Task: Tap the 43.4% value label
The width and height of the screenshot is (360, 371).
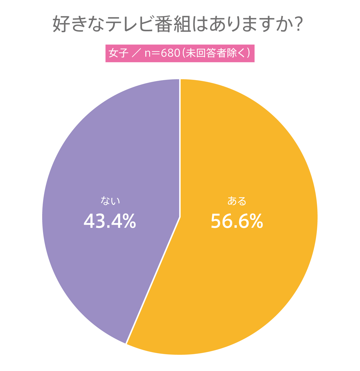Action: (x=110, y=221)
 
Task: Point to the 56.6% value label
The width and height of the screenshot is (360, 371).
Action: (x=237, y=221)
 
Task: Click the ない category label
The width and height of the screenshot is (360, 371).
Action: (x=110, y=201)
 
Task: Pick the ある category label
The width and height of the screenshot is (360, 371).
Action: (x=237, y=201)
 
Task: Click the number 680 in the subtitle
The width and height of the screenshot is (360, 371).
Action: (x=170, y=53)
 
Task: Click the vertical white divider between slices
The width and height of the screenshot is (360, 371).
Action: (x=180, y=147)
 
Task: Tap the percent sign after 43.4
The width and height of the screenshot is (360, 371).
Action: (x=129, y=221)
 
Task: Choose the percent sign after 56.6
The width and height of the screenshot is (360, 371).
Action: (x=256, y=221)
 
